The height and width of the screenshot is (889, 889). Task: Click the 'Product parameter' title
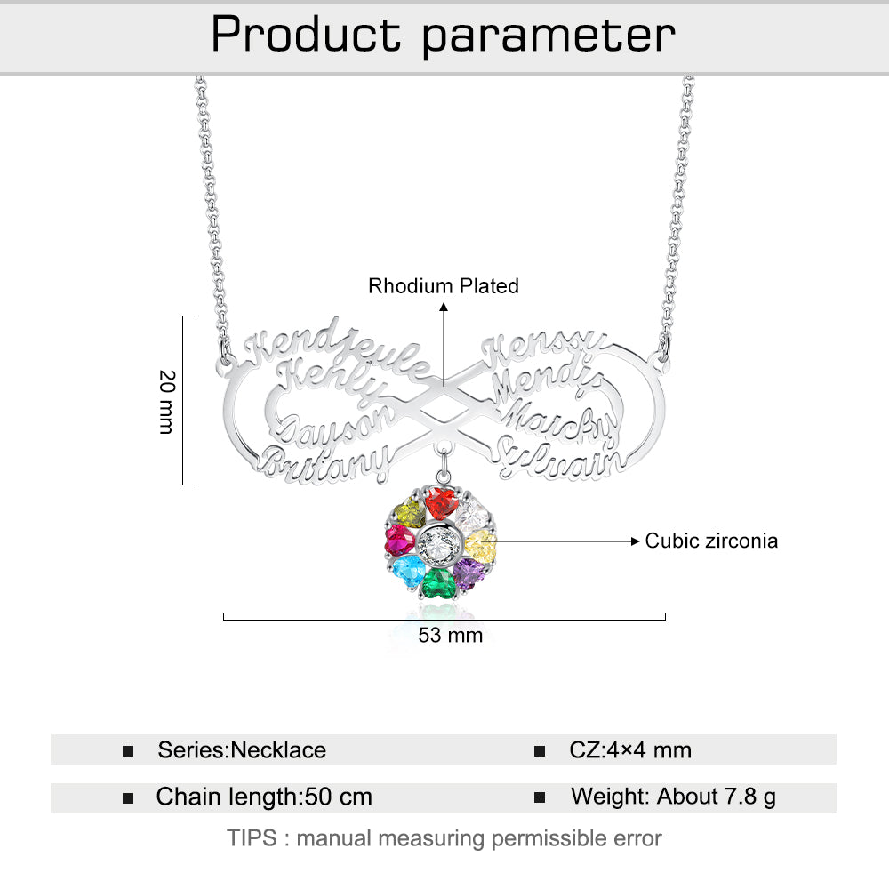coord(444,36)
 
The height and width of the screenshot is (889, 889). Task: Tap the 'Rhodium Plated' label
coord(444,286)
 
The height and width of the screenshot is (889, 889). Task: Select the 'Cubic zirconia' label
coord(711,541)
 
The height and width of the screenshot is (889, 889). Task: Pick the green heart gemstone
coord(437,583)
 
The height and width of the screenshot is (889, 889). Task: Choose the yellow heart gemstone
coord(480,542)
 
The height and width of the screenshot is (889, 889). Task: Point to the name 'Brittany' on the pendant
coord(326,463)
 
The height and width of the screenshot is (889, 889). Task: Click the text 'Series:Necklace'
coord(242,750)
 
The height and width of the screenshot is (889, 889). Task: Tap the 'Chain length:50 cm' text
coord(264,797)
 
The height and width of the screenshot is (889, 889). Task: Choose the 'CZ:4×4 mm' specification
coord(630,750)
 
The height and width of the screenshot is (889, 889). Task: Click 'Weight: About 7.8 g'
coord(673,797)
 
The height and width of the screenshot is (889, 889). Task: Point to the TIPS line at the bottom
coord(444,837)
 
